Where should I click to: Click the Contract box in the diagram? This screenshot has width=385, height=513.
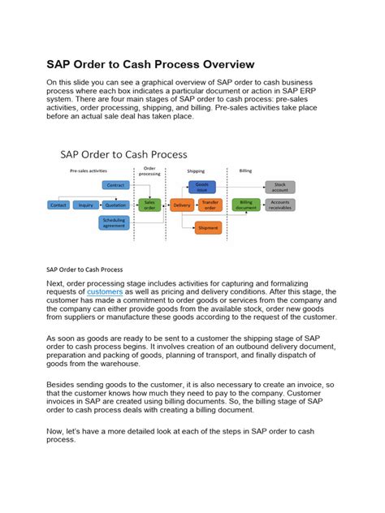115,185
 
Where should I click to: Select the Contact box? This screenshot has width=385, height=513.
59,205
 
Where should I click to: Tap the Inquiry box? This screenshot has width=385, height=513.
85,205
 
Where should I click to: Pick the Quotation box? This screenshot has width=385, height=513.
115,205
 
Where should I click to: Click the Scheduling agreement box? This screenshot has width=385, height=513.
115,223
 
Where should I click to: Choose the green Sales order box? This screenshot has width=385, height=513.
149,205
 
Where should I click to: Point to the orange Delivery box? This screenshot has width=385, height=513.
180,205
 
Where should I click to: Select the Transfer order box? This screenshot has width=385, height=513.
210,205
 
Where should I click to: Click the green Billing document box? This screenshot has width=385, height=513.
246,205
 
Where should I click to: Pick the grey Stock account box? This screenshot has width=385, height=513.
280,187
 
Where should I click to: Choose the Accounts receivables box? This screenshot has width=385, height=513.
280,205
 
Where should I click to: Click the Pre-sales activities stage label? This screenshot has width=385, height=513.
87,171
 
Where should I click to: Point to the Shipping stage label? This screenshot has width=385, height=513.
196,172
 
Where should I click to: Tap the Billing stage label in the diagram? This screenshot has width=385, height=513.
245,170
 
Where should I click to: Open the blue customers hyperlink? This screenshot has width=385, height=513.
105,291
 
